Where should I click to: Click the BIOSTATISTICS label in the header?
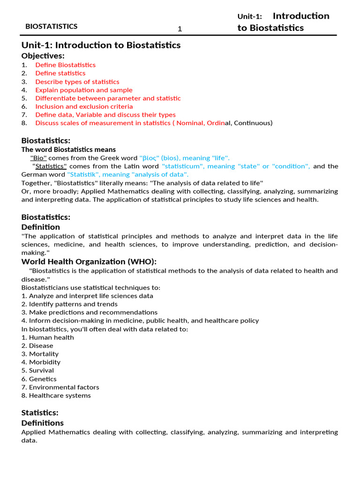(x=52, y=27)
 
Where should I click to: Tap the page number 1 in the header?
(x=180, y=30)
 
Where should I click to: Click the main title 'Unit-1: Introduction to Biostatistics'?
(x=101, y=45)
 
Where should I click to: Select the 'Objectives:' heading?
(x=43, y=56)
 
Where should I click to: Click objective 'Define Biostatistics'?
(x=65, y=65)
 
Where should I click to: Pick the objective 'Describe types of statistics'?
(x=77, y=82)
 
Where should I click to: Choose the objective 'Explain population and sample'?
(x=84, y=90)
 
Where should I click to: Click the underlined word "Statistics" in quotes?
(x=51, y=166)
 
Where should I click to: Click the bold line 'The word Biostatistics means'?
(x=68, y=150)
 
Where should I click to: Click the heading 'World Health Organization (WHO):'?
(x=89, y=262)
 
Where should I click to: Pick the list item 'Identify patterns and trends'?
(x=69, y=304)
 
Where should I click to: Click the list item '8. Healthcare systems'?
(x=56, y=396)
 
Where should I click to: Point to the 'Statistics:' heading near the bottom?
(x=40, y=413)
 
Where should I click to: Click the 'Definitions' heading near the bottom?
(x=43, y=423)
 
